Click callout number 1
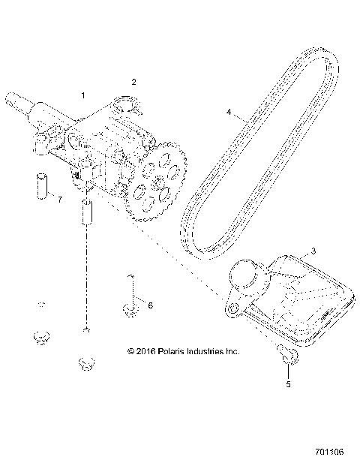(84, 96)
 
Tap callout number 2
(134, 81)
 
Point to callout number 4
(229, 112)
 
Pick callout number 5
(286, 383)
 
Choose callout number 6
(150, 305)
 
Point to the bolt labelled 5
(286, 353)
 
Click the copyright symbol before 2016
(130, 350)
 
